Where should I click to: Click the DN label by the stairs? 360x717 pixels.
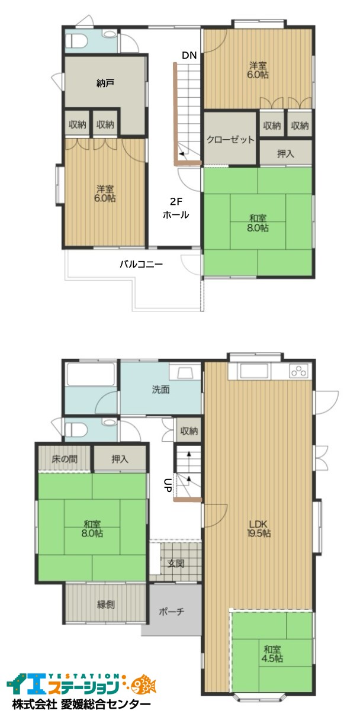pyautogui.click(x=189, y=56)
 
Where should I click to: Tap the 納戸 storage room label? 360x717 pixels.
pyautogui.click(x=105, y=83)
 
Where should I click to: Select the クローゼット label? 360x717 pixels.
pyautogui.click(x=230, y=140)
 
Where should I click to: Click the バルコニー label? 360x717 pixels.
pyautogui.click(x=141, y=264)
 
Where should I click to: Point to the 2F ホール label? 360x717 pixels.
pyautogui.click(x=176, y=208)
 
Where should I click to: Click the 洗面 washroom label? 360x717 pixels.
pyautogui.click(x=160, y=390)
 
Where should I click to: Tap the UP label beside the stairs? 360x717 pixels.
pyautogui.click(x=168, y=485)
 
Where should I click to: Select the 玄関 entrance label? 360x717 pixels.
pyautogui.click(x=176, y=563)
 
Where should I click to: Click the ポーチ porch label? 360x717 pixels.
pyautogui.click(x=172, y=612)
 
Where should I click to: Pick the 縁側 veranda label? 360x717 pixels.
pyautogui.click(x=105, y=605)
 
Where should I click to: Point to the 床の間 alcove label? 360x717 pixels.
pyautogui.click(x=65, y=459)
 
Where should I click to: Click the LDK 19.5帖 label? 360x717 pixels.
pyautogui.click(x=259, y=529)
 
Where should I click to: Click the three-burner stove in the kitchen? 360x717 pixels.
pyautogui.click(x=299, y=371)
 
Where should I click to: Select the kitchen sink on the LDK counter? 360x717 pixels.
pyautogui.click(x=255, y=371)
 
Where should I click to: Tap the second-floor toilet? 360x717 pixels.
pyautogui.click(x=77, y=40)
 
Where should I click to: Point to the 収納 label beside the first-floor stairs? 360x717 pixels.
pyautogui.click(x=189, y=431)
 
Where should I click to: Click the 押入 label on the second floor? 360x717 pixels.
pyautogui.click(x=285, y=154)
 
